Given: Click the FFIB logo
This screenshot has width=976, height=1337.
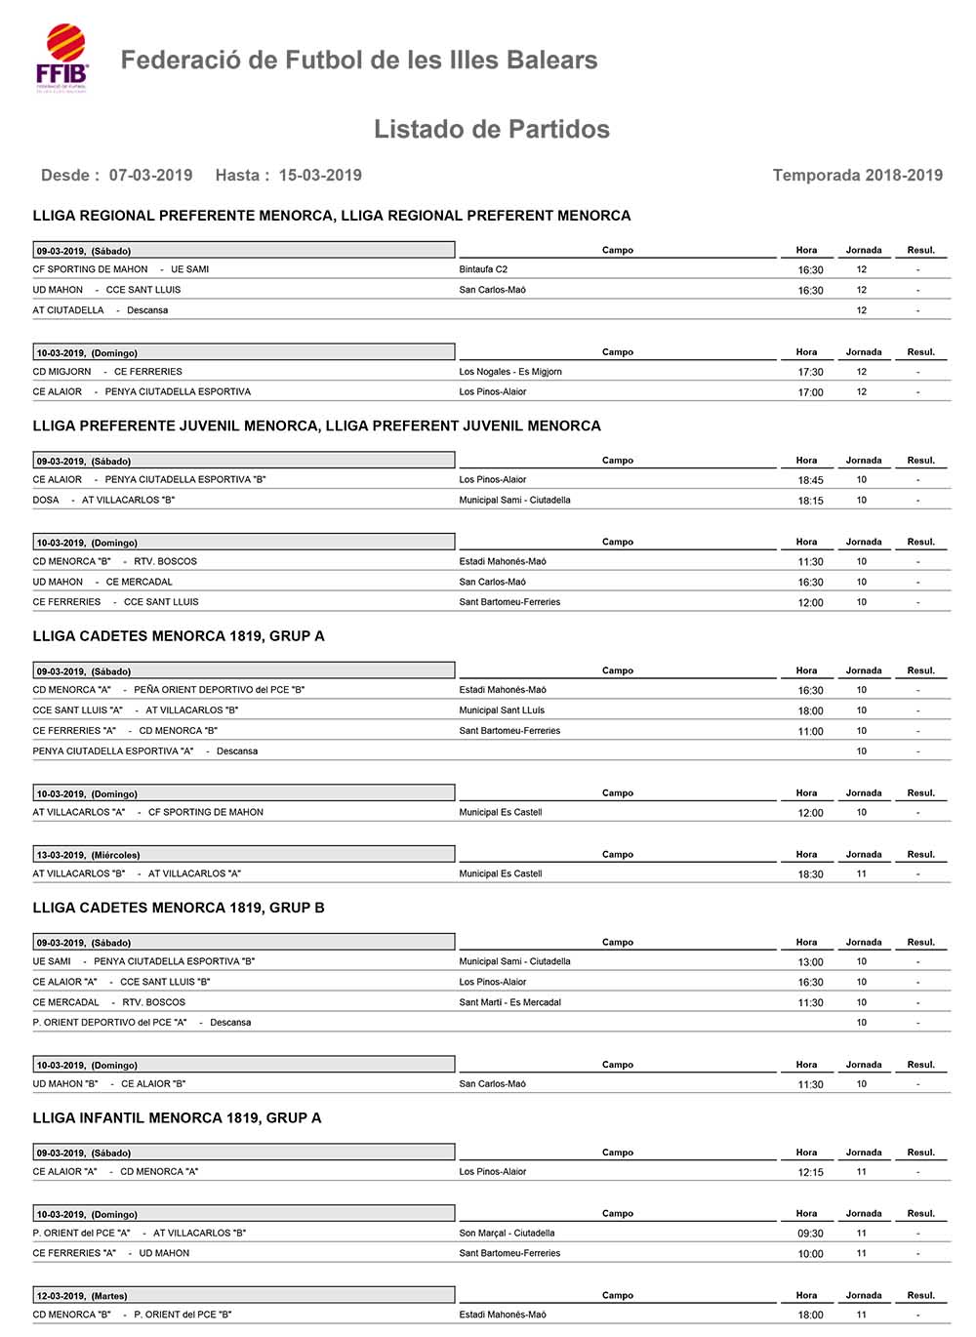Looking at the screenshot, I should [61, 58].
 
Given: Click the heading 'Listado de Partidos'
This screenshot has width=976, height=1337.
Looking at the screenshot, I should [491, 129].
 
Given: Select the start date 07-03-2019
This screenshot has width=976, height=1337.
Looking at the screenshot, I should [150, 176].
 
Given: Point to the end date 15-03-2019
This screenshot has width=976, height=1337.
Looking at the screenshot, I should [320, 176].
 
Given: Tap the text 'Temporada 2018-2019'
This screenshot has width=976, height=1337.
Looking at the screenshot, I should [857, 176].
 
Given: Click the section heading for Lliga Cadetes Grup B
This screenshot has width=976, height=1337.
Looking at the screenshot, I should [179, 908].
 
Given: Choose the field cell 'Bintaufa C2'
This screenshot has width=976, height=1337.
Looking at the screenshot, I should [483, 269].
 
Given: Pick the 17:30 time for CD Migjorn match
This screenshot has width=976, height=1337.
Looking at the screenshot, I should [810, 372].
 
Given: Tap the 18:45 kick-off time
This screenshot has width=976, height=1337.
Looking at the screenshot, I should [810, 480].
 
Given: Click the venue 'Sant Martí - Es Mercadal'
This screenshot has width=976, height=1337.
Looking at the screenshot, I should [509, 1002].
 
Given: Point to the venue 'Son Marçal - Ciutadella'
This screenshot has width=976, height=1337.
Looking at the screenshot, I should [507, 1234].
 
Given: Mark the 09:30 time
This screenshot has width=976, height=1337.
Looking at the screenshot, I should [810, 1234].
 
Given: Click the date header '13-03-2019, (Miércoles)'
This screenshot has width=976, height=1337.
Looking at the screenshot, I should [88, 855].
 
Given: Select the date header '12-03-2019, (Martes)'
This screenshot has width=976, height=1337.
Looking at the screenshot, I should [82, 1296].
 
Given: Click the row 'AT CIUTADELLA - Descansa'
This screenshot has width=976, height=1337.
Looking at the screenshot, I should [100, 310].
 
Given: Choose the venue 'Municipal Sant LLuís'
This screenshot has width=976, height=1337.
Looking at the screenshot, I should [502, 710].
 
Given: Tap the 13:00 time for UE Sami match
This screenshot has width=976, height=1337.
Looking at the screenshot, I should [810, 962].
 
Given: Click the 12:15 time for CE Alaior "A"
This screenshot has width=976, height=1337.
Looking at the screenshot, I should [810, 1172].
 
